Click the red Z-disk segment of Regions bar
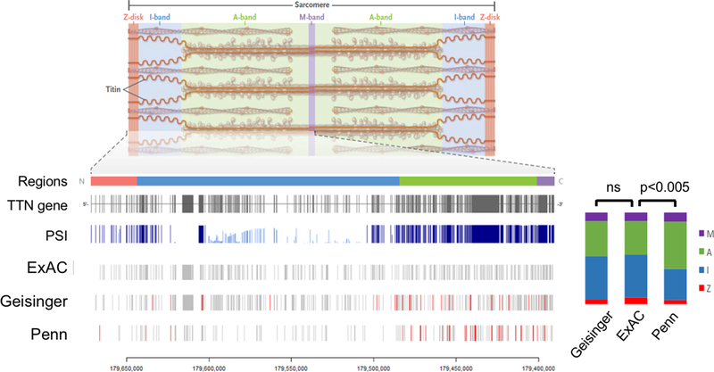(x=113, y=181)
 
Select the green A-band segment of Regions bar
(x=468, y=181)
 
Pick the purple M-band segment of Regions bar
(x=545, y=181)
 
